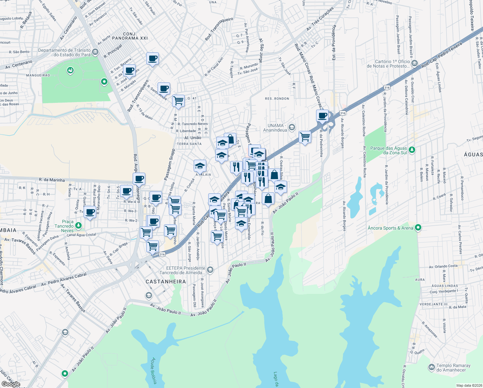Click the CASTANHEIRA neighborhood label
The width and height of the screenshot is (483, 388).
click(x=166, y=282)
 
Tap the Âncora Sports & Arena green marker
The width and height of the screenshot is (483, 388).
click(x=418, y=228)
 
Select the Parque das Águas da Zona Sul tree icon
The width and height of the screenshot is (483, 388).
click(x=412, y=150)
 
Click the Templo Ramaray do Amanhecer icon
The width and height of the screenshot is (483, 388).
click(x=432, y=367)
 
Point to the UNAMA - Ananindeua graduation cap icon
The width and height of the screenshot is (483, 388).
click(x=292, y=127)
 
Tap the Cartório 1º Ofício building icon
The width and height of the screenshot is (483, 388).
click(x=415, y=63)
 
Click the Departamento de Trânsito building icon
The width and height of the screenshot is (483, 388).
click(x=95, y=52)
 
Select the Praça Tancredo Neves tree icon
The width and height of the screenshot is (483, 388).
click(x=78, y=225)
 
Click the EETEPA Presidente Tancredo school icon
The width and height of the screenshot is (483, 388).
click(x=210, y=270)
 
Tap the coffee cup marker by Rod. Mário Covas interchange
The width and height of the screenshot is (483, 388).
click(x=322, y=115)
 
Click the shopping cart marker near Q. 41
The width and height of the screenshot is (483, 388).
click(x=178, y=101)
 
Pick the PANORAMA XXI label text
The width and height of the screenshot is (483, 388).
click(x=130, y=38)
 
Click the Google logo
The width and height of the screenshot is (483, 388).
click(x=11, y=384)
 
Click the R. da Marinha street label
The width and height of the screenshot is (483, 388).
click(x=52, y=180)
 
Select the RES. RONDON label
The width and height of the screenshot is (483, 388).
click(x=277, y=99)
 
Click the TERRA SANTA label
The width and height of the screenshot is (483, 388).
click(x=189, y=144)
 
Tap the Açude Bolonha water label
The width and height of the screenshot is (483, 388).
click(x=154, y=371)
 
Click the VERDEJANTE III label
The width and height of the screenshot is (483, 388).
click(x=434, y=304)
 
